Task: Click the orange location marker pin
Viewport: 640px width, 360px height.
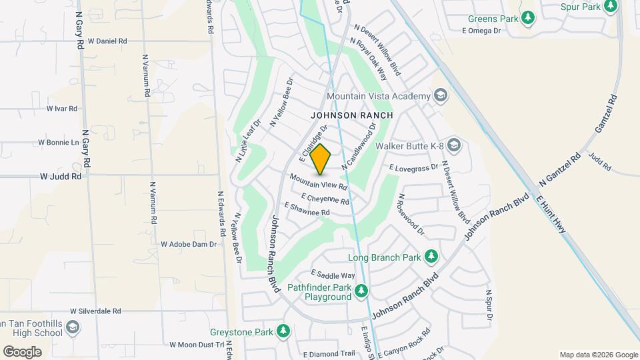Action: coord(321,159)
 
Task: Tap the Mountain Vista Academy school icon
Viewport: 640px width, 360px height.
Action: coord(440,97)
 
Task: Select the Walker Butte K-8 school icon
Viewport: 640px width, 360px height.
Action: coord(454,145)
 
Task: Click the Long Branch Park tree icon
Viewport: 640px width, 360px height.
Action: coord(431,257)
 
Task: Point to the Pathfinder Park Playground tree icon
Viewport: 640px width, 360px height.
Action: coord(361,291)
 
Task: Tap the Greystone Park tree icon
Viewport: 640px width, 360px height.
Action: coord(283,331)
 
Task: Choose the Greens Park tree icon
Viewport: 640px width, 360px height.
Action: coord(528,17)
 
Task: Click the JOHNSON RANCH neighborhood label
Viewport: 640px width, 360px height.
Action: coord(351,115)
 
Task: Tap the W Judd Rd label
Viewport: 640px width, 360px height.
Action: coord(61,177)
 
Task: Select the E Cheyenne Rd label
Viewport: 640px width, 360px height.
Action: coord(325,199)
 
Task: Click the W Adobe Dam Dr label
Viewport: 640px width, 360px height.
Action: coord(189,245)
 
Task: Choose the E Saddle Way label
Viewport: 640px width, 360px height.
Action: coord(333,275)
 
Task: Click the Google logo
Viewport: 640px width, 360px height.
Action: coord(22,351)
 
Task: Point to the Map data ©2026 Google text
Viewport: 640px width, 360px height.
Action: coord(598,355)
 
